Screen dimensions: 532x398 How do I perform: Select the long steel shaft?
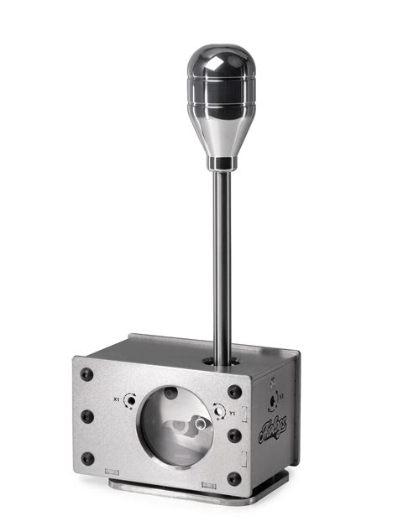[222, 260]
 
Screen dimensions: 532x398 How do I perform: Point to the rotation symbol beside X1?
[130, 400]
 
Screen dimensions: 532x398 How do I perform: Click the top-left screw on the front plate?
[87, 375]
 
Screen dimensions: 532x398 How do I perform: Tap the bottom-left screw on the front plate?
[87, 457]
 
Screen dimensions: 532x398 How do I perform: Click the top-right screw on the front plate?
[233, 391]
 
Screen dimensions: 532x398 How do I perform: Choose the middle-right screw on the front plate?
[233, 436]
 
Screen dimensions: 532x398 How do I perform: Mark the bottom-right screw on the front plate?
[233, 479]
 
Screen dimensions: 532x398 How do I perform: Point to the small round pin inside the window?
[171, 393]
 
